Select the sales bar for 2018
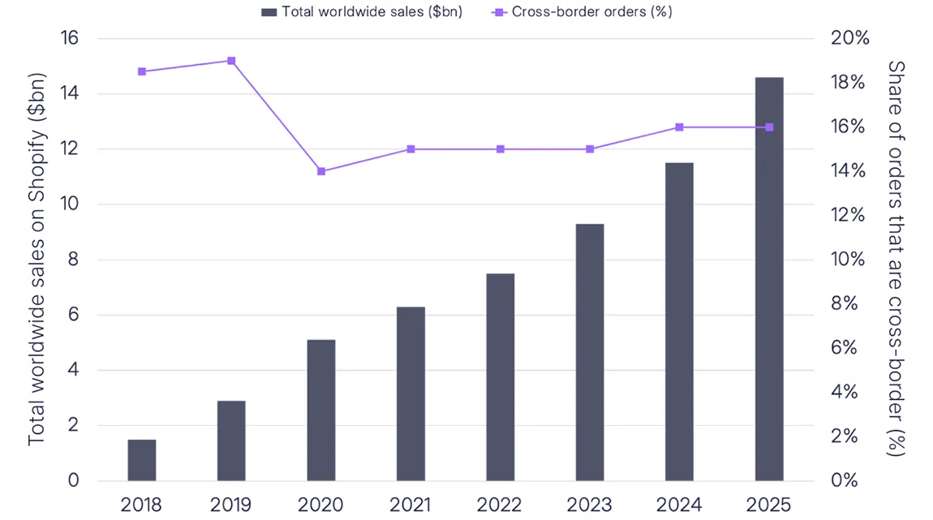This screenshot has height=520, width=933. [x=142, y=460]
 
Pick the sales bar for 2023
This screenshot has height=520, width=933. [x=590, y=352]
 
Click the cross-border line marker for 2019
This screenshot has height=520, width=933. [x=231, y=61]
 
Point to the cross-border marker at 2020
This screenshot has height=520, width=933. [x=321, y=171]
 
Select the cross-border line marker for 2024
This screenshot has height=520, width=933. [x=679, y=127]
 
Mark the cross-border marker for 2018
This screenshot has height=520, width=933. [x=142, y=71]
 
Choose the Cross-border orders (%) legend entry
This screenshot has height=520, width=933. [x=583, y=11]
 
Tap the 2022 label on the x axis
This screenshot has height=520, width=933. [x=500, y=505]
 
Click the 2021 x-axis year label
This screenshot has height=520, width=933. [x=411, y=505]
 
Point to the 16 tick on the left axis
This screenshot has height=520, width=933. [x=71, y=39]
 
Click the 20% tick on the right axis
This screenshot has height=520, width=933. [x=849, y=39]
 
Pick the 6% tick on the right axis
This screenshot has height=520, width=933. [x=845, y=348]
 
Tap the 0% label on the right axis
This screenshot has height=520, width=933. [x=845, y=480]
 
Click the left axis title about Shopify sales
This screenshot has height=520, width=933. [x=37, y=260]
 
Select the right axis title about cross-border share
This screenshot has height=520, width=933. [x=896, y=258]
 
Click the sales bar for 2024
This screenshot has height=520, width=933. [x=679, y=321]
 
